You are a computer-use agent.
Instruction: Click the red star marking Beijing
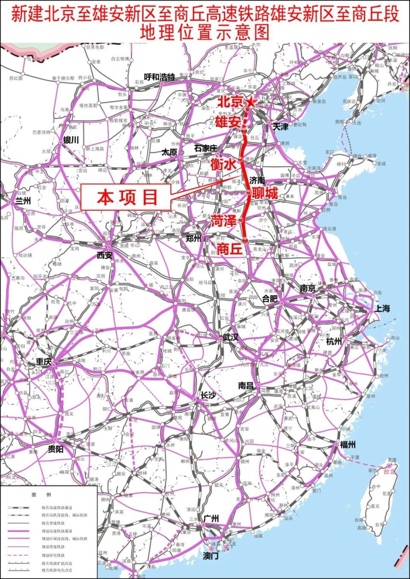point(251,102)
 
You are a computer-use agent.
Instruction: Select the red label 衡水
point(223,164)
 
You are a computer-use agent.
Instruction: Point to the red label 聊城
point(265,193)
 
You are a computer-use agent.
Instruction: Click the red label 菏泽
point(223,221)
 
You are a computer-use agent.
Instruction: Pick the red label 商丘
point(229,248)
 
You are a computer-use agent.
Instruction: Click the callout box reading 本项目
point(127,198)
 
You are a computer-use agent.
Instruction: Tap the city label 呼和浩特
point(159,77)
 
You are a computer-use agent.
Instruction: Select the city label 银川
point(71,140)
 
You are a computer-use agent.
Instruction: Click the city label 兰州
point(23,201)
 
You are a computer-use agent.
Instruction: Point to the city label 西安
point(104,256)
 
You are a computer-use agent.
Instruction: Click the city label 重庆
point(44,361)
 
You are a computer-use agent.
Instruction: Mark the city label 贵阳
point(56,449)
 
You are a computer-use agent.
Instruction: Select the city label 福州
point(347,445)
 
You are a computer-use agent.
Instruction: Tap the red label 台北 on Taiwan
point(389,472)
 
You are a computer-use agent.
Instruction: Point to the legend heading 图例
point(41,495)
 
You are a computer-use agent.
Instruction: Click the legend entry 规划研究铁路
point(53,556)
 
